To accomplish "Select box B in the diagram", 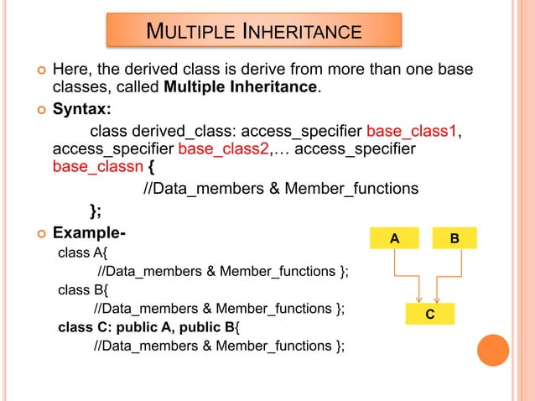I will point(454,238).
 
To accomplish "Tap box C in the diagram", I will point(429,315).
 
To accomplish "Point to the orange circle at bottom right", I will point(493,351).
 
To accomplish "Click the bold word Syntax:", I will point(82,110).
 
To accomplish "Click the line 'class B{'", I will point(83,290).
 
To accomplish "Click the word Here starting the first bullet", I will point(71,68).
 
